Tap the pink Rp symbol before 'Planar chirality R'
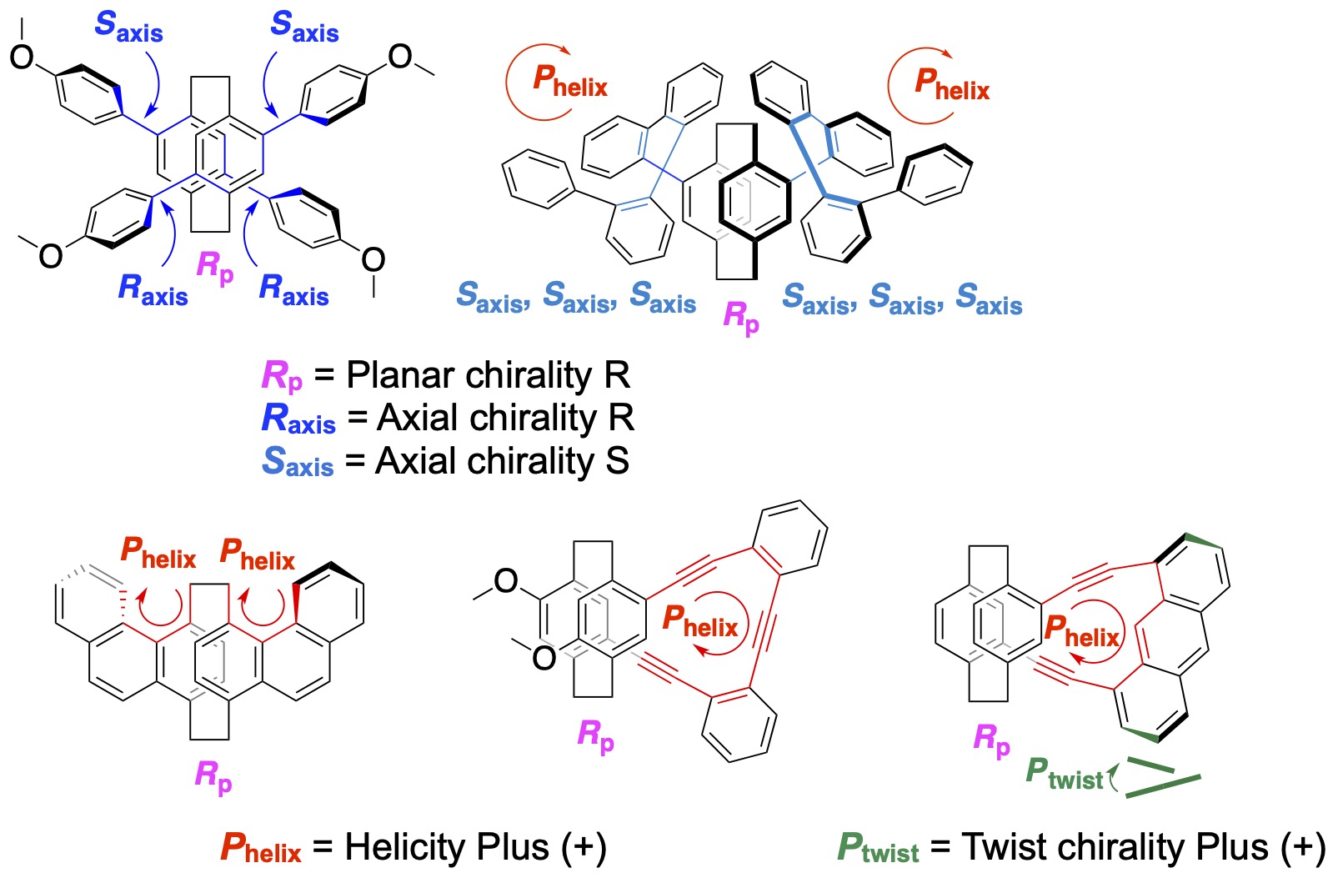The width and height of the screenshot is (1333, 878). [282, 375]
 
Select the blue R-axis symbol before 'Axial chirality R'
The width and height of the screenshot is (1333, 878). [298, 419]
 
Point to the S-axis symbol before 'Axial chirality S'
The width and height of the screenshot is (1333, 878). [297, 462]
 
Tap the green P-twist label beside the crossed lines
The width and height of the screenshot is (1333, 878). [1063, 774]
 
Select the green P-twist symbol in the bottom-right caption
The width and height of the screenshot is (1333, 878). [878, 849]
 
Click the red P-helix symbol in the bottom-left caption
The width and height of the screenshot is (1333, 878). [260, 849]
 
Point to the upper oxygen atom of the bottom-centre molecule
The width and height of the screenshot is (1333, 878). [506, 580]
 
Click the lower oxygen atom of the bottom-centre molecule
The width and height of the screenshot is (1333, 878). [544, 658]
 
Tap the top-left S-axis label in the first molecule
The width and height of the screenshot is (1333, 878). [128, 27]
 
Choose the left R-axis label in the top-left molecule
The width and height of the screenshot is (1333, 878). [153, 289]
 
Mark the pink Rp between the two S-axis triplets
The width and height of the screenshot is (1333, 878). [740, 317]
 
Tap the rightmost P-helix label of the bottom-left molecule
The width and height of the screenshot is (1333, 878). [257, 555]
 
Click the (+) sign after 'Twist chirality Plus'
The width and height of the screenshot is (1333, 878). [1300, 848]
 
